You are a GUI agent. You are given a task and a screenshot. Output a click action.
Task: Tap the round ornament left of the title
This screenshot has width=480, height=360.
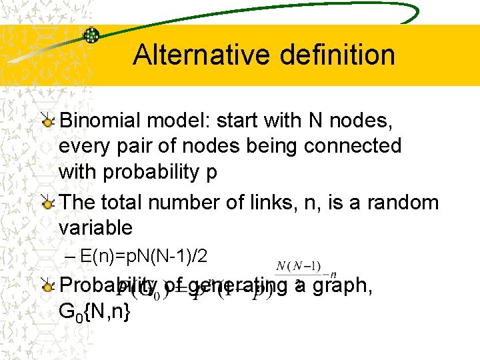(91, 35)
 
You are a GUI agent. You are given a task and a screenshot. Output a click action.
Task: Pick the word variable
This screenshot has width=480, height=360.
(95, 227)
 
